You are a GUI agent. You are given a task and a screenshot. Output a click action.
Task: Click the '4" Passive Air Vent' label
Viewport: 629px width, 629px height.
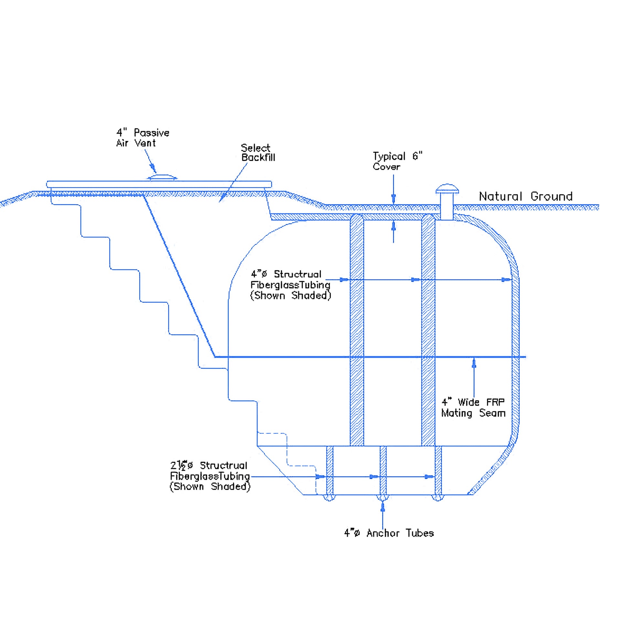pyautogui.click(x=143, y=138)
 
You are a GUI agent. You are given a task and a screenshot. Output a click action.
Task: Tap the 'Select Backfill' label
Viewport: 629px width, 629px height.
pyautogui.click(x=258, y=153)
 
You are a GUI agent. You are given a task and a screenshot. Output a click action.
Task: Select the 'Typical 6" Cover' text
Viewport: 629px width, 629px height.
pyautogui.click(x=398, y=161)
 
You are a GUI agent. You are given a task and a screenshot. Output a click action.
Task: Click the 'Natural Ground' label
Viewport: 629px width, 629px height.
pyautogui.click(x=526, y=196)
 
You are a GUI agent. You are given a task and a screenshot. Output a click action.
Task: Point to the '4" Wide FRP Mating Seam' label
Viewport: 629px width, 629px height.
pyautogui.click(x=474, y=408)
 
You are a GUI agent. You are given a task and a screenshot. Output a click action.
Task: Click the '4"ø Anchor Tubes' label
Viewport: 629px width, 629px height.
pyautogui.click(x=389, y=533)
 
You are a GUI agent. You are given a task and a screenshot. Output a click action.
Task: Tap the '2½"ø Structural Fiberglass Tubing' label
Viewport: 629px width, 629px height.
pyautogui.click(x=210, y=476)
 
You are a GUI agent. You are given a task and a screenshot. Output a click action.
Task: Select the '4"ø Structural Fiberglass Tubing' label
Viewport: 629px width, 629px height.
pyautogui.click(x=290, y=284)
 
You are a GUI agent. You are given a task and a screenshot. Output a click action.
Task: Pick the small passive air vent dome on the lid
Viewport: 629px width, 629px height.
pyautogui.click(x=162, y=177)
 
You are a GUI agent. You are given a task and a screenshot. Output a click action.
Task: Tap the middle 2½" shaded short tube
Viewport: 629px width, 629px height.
pyautogui.click(x=383, y=470)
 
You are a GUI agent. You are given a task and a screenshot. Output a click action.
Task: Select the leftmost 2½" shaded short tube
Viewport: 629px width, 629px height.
pyautogui.click(x=330, y=470)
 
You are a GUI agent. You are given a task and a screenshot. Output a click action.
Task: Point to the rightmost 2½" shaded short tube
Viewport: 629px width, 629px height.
pyautogui.click(x=438, y=470)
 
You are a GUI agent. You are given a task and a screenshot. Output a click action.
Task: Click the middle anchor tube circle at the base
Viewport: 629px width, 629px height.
pyautogui.click(x=383, y=498)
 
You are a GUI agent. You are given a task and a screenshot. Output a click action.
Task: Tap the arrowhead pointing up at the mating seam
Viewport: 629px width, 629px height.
pyautogui.click(x=474, y=363)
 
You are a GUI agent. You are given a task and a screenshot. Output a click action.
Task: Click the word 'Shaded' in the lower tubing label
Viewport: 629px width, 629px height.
pyautogui.click(x=231, y=486)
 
